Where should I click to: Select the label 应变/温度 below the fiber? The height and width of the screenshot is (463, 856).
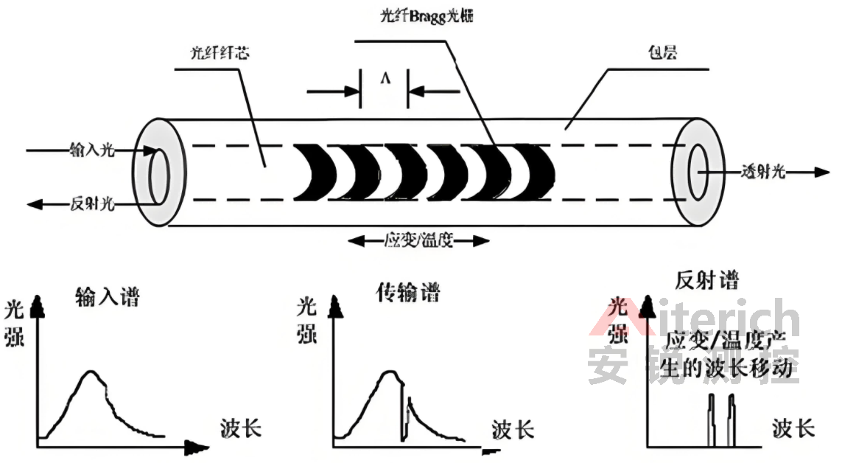click(418, 240)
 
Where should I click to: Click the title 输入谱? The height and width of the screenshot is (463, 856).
click(108, 298)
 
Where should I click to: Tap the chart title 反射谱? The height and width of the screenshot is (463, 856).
click(706, 280)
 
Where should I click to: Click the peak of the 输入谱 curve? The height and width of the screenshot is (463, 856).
click(90, 372)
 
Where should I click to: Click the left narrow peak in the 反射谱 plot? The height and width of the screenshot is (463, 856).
click(711, 402)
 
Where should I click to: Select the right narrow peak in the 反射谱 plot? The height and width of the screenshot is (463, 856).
click(732, 402)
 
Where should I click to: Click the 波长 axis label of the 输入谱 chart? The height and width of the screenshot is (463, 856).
click(241, 428)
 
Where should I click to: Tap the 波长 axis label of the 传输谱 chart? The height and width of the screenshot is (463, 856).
click(513, 430)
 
